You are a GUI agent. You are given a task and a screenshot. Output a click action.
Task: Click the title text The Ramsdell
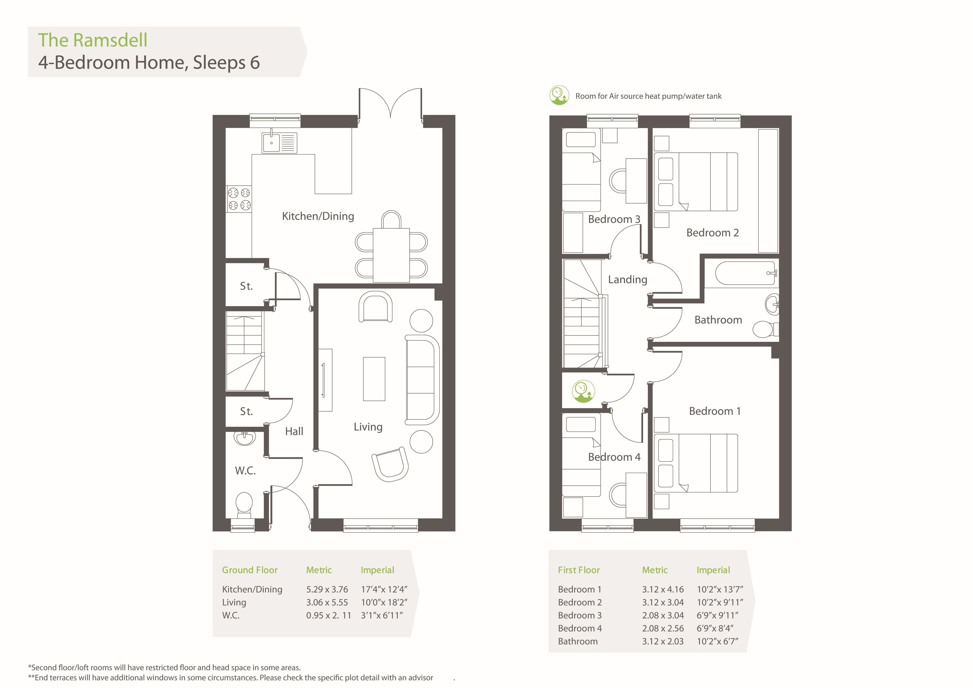tap(93, 40)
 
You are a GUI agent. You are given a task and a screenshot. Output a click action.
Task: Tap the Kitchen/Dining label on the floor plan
tap(318, 216)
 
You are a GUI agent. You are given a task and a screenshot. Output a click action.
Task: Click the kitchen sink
tap(279, 142)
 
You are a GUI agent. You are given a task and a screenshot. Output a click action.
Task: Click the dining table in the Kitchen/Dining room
tap(391, 255)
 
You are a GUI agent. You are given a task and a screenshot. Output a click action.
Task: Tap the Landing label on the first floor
tap(628, 280)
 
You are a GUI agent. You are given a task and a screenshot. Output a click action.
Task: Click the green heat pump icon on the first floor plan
tap(583, 391)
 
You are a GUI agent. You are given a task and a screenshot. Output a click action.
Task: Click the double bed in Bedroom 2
tap(696, 182)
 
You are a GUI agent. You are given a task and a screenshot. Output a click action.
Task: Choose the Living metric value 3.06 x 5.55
tap(327, 602)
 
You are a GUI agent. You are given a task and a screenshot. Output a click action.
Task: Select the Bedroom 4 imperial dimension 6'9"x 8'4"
tap(715, 628)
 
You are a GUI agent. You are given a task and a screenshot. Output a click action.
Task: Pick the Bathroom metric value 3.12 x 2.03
tap(663, 641)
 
